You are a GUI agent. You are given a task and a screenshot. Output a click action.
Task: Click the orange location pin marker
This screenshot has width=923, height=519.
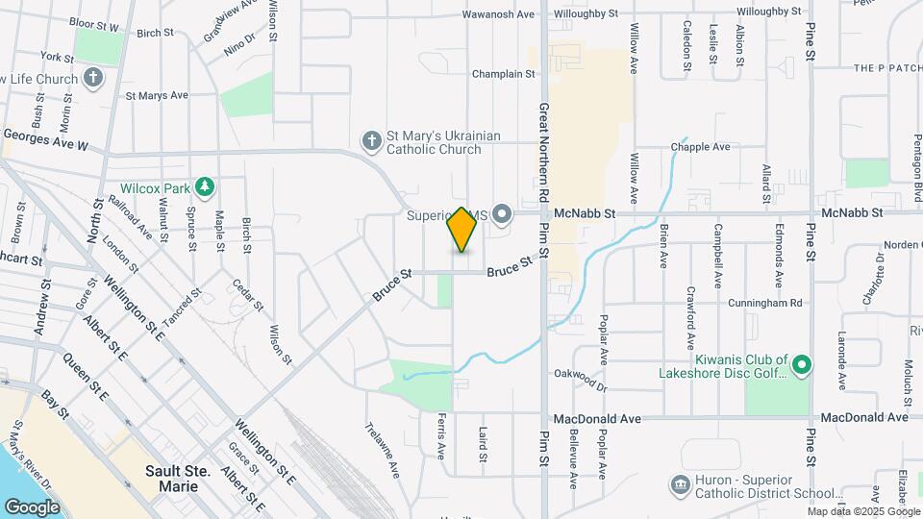tap(461, 230)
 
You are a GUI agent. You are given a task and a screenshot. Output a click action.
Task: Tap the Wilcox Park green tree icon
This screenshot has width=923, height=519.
tap(204, 186)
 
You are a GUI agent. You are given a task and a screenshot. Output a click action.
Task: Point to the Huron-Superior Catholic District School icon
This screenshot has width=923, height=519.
tap(680, 484)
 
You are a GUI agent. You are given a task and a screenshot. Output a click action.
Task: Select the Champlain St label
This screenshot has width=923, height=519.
tap(503, 74)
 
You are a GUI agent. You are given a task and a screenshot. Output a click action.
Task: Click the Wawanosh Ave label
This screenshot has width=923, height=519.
tap(498, 14)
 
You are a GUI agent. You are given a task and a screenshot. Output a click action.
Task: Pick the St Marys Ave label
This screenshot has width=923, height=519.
tap(157, 96)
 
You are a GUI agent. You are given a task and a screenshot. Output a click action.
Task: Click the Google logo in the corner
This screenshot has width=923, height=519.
tap(32, 507)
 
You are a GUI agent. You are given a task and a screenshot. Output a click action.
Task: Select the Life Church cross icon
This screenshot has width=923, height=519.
tap(93, 78)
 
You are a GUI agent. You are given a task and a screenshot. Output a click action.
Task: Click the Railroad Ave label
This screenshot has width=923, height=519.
tap(131, 216)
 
